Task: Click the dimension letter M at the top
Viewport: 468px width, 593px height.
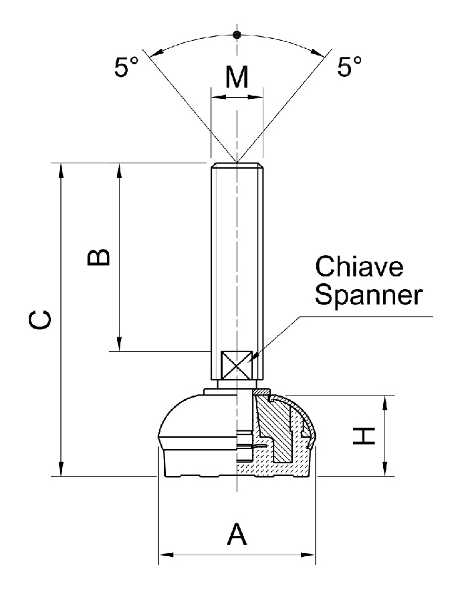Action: click(237, 78)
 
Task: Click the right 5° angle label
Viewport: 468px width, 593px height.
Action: click(349, 68)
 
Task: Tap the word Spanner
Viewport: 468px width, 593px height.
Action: click(369, 295)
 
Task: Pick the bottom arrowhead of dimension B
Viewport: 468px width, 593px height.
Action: click(120, 344)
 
